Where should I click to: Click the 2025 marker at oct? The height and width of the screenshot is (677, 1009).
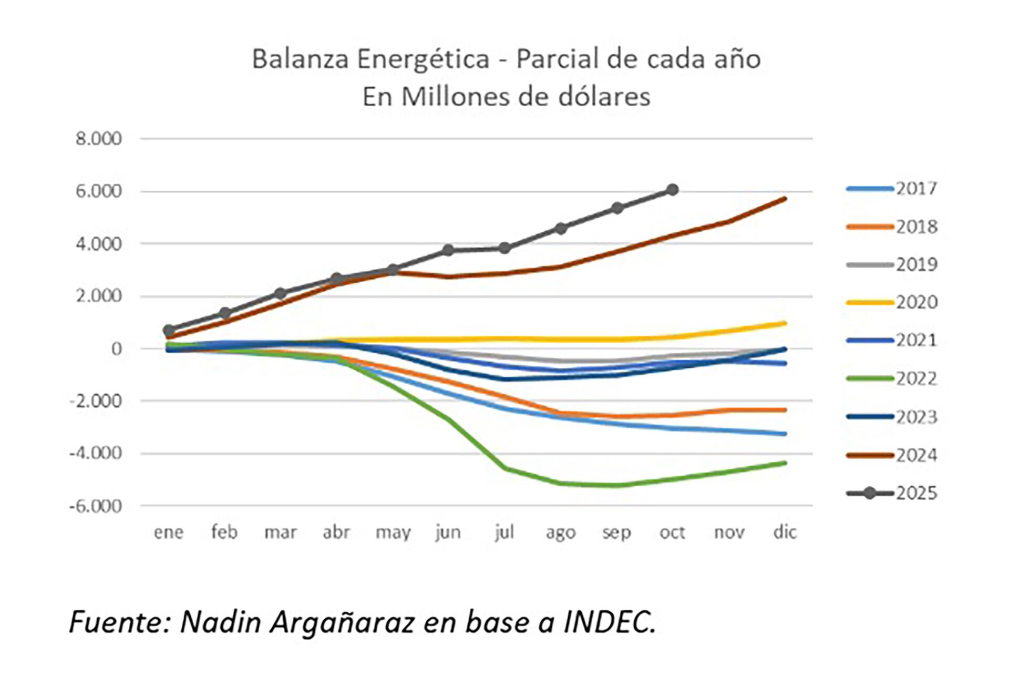point(672,190)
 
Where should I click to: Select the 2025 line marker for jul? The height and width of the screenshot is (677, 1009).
point(504,248)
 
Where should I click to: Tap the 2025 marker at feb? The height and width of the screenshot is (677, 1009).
point(225,313)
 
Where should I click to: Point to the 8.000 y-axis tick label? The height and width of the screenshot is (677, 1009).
point(98,139)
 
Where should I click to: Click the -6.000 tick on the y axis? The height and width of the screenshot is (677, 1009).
point(96,506)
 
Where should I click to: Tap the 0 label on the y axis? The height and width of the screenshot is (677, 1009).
point(116,348)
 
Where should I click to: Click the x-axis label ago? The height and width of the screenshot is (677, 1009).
point(560,532)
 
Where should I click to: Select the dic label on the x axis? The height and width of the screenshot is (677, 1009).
point(785,532)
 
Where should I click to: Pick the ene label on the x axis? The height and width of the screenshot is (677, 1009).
point(169,532)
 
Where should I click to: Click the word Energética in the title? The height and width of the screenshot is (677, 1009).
point(423,59)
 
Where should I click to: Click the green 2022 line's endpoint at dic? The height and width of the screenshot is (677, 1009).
point(785,463)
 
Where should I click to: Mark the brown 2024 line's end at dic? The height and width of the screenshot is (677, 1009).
point(785,198)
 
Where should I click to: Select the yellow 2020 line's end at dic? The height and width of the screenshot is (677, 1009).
point(785,323)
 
